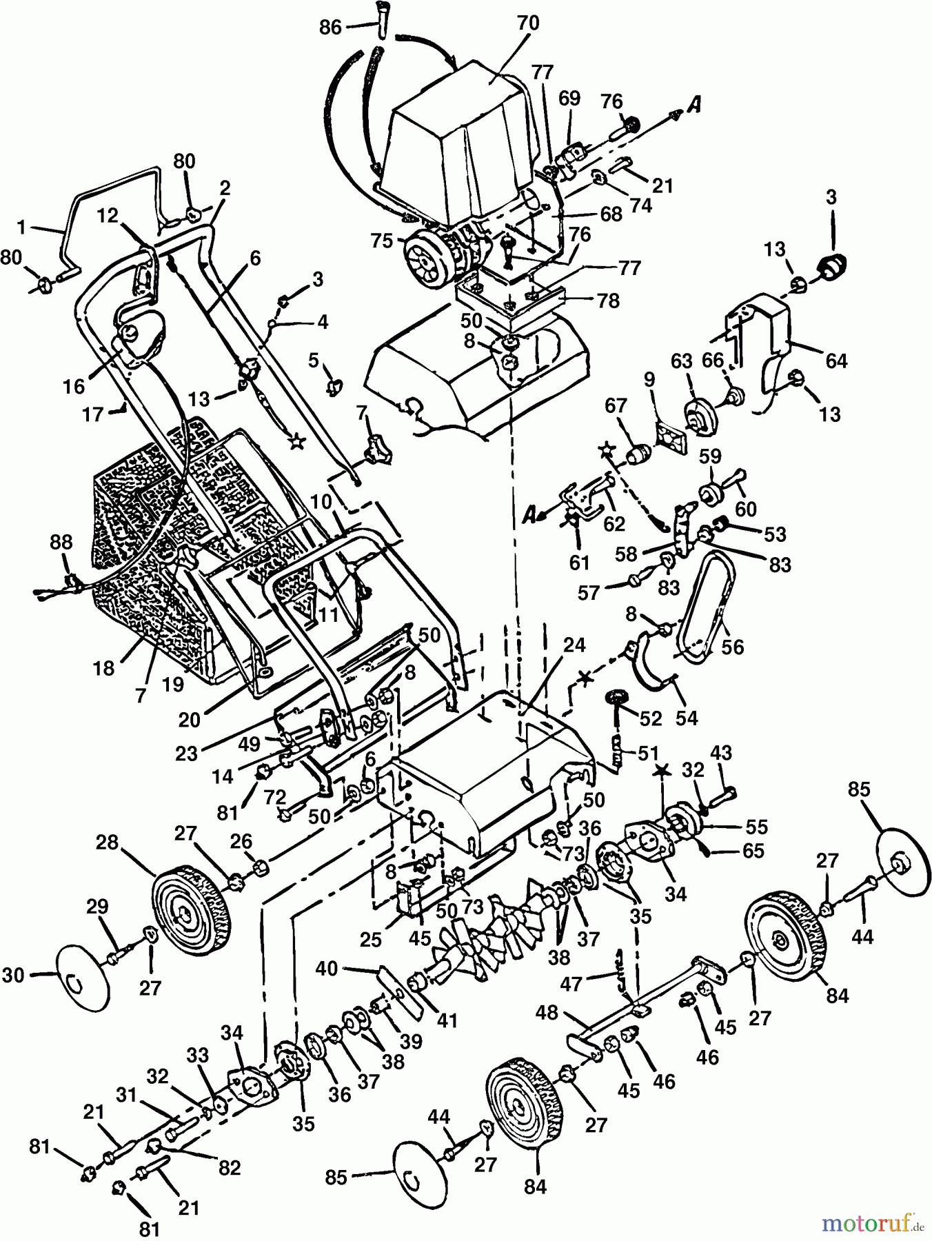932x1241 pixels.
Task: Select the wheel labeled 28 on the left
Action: pyautogui.click(x=191, y=911)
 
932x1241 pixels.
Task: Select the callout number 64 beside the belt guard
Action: pyautogui.click(x=836, y=361)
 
